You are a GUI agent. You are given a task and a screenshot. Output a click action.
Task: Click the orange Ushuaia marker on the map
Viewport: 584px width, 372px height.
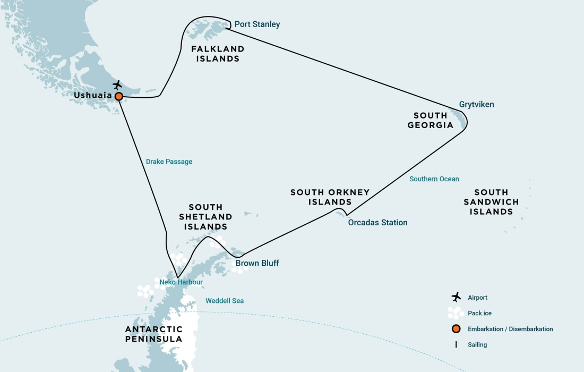pyautogui.click(x=119, y=96)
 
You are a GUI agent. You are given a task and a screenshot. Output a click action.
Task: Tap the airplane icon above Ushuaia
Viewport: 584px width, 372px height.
pyautogui.click(x=117, y=85)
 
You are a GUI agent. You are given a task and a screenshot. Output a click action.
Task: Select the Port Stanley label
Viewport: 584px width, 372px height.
pyautogui.click(x=257, y=24)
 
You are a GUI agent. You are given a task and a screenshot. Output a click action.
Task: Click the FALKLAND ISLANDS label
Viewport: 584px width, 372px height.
pyautogui.click(x=218, y=54)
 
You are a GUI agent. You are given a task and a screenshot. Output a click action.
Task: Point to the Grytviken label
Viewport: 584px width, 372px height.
pyautogui.click(x=476, y=105)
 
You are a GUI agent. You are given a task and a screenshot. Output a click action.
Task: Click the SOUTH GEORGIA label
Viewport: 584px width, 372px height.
pyautogui.click(x=431, y=120)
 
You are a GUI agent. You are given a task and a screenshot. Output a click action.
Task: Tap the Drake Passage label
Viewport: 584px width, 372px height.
pyautogui.click(x=169, y=162)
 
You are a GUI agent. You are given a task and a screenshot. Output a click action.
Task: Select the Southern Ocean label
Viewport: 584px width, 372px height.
pyautogui.click(x=434, y=179)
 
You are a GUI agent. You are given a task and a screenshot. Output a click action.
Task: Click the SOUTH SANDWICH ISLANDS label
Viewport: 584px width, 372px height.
pyautogui.click(x=491, y=202)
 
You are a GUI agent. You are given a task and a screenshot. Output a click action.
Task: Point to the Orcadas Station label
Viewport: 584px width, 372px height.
pyautogui.click(x=377, y=223)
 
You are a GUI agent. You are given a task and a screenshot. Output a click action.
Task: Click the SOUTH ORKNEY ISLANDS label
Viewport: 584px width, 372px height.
pyautogui.click(x=330, y=197)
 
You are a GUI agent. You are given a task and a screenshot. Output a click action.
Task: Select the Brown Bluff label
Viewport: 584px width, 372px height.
pyautogui.click(x=257, y=264)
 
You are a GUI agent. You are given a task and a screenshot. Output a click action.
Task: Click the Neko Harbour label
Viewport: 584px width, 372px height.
pyautogui.click(x=181, y=282)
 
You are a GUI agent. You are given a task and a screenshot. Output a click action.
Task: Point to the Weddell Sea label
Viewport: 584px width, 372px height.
pyautogui.click(x=225, y=301)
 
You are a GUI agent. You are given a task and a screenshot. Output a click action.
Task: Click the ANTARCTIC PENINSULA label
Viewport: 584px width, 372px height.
pyautogui.click(x=154, y=334)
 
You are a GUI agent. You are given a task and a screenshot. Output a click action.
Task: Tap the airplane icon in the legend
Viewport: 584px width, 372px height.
pyautogui.click(x=456, y=297)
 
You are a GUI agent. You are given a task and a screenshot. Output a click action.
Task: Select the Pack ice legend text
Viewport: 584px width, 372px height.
pyautogui.click(x=479, y=314)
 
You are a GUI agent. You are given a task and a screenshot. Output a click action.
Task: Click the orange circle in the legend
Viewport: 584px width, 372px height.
pyautogui.click(x=456, y=329)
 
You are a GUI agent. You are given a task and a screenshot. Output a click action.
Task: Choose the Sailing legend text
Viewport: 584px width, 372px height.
pyautogui.click(x=477, y=345)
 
